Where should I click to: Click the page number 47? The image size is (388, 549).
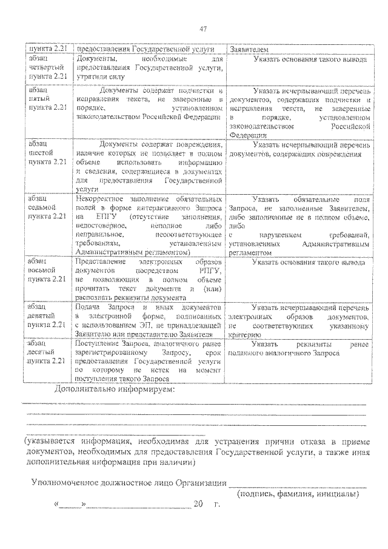click(x=202, y=29)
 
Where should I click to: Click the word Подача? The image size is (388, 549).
click(x=89, y=308)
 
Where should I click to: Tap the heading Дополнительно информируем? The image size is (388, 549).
click(x=114, y=389)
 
